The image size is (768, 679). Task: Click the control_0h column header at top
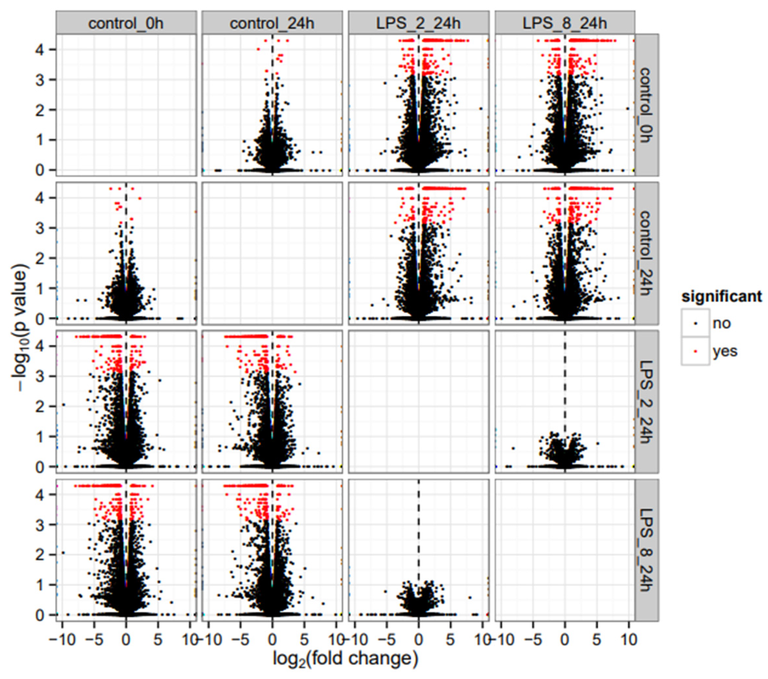[126, 23]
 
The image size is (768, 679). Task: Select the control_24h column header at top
[272, 23]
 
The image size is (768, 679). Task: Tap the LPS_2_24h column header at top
[418, 23]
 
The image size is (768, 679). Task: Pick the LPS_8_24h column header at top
[565, 23]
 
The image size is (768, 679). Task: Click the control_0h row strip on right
[646, 105]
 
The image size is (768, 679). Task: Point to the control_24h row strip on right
[646, 253]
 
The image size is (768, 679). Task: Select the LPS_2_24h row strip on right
[646, 401]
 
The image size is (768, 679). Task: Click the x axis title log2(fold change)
[345, 659]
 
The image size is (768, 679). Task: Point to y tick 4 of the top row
[42, 50]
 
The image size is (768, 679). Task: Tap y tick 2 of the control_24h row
[42, 258]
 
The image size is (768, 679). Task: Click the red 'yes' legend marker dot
[695, 351]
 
